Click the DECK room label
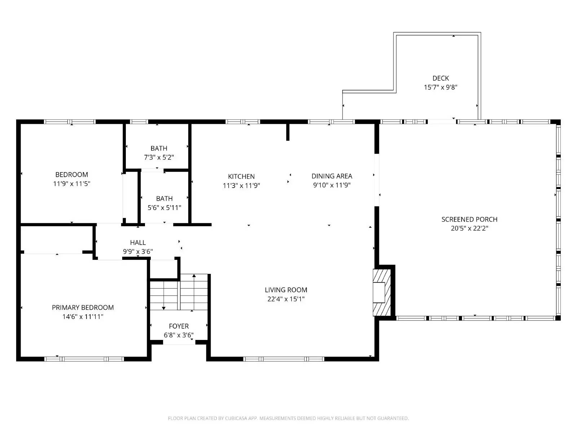click(441, 78)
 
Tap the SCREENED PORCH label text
click(469, 219)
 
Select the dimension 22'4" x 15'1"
click(286, 299)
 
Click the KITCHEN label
click(241, 176)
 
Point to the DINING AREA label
click(332, 176)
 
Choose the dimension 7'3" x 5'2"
click(159, 157)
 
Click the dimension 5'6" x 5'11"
click(164, 208)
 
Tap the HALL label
click(138, 242)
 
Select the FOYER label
click(179, 326)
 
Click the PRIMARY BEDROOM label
click(83, 307)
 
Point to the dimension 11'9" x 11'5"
click(71, 184)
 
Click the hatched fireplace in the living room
click(382, 292)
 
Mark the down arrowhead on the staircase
click(163, 308)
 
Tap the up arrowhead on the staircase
click(194, 276)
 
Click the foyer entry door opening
click(179, 342)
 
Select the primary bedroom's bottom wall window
click(84, 359)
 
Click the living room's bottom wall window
click(284, 359)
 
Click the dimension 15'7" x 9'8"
click(441, 87)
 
